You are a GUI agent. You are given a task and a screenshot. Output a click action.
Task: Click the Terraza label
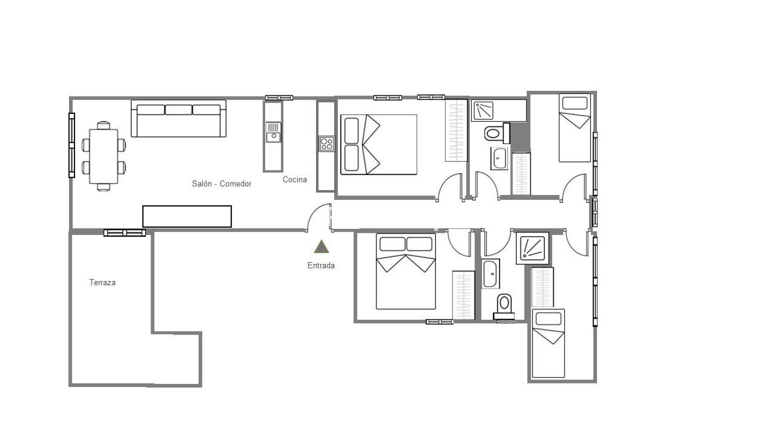[x=103, y=283]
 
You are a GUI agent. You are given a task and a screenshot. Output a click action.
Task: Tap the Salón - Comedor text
[x=222, y=184]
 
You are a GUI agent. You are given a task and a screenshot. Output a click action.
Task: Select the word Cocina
[x=295, y=180]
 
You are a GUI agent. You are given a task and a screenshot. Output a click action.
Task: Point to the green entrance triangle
[x=321, y=247]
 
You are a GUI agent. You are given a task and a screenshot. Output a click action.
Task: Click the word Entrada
[x=321, y=266]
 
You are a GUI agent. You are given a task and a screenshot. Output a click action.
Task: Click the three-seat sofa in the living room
[x=178, y=119]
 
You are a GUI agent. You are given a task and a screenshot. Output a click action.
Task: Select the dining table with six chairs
[x=104, y=156]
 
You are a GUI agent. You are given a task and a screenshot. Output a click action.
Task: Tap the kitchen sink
[x=273, y=132]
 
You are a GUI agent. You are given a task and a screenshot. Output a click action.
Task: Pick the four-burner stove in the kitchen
[x=327, y=144]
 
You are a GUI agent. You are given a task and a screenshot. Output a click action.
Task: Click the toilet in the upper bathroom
[x=495, y=133]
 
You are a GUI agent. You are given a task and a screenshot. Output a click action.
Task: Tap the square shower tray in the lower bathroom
[x=532, y=248]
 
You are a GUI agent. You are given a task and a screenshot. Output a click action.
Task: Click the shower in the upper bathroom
[x=483, y=111]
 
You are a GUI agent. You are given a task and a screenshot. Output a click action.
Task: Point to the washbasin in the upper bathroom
[x=499, y=159]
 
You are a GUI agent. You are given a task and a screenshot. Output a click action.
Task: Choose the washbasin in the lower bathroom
[x=491, y=274]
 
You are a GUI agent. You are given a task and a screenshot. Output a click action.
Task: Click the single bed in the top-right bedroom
[x=575, y=128]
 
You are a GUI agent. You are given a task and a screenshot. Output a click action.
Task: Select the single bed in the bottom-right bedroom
[x=548, y=344]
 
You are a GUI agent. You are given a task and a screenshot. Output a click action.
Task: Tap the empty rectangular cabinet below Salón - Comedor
[x=187, y=216]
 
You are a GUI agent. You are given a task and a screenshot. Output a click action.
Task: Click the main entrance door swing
[x=319, y=217]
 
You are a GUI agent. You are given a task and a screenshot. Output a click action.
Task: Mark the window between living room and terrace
[x=125, y=233]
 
